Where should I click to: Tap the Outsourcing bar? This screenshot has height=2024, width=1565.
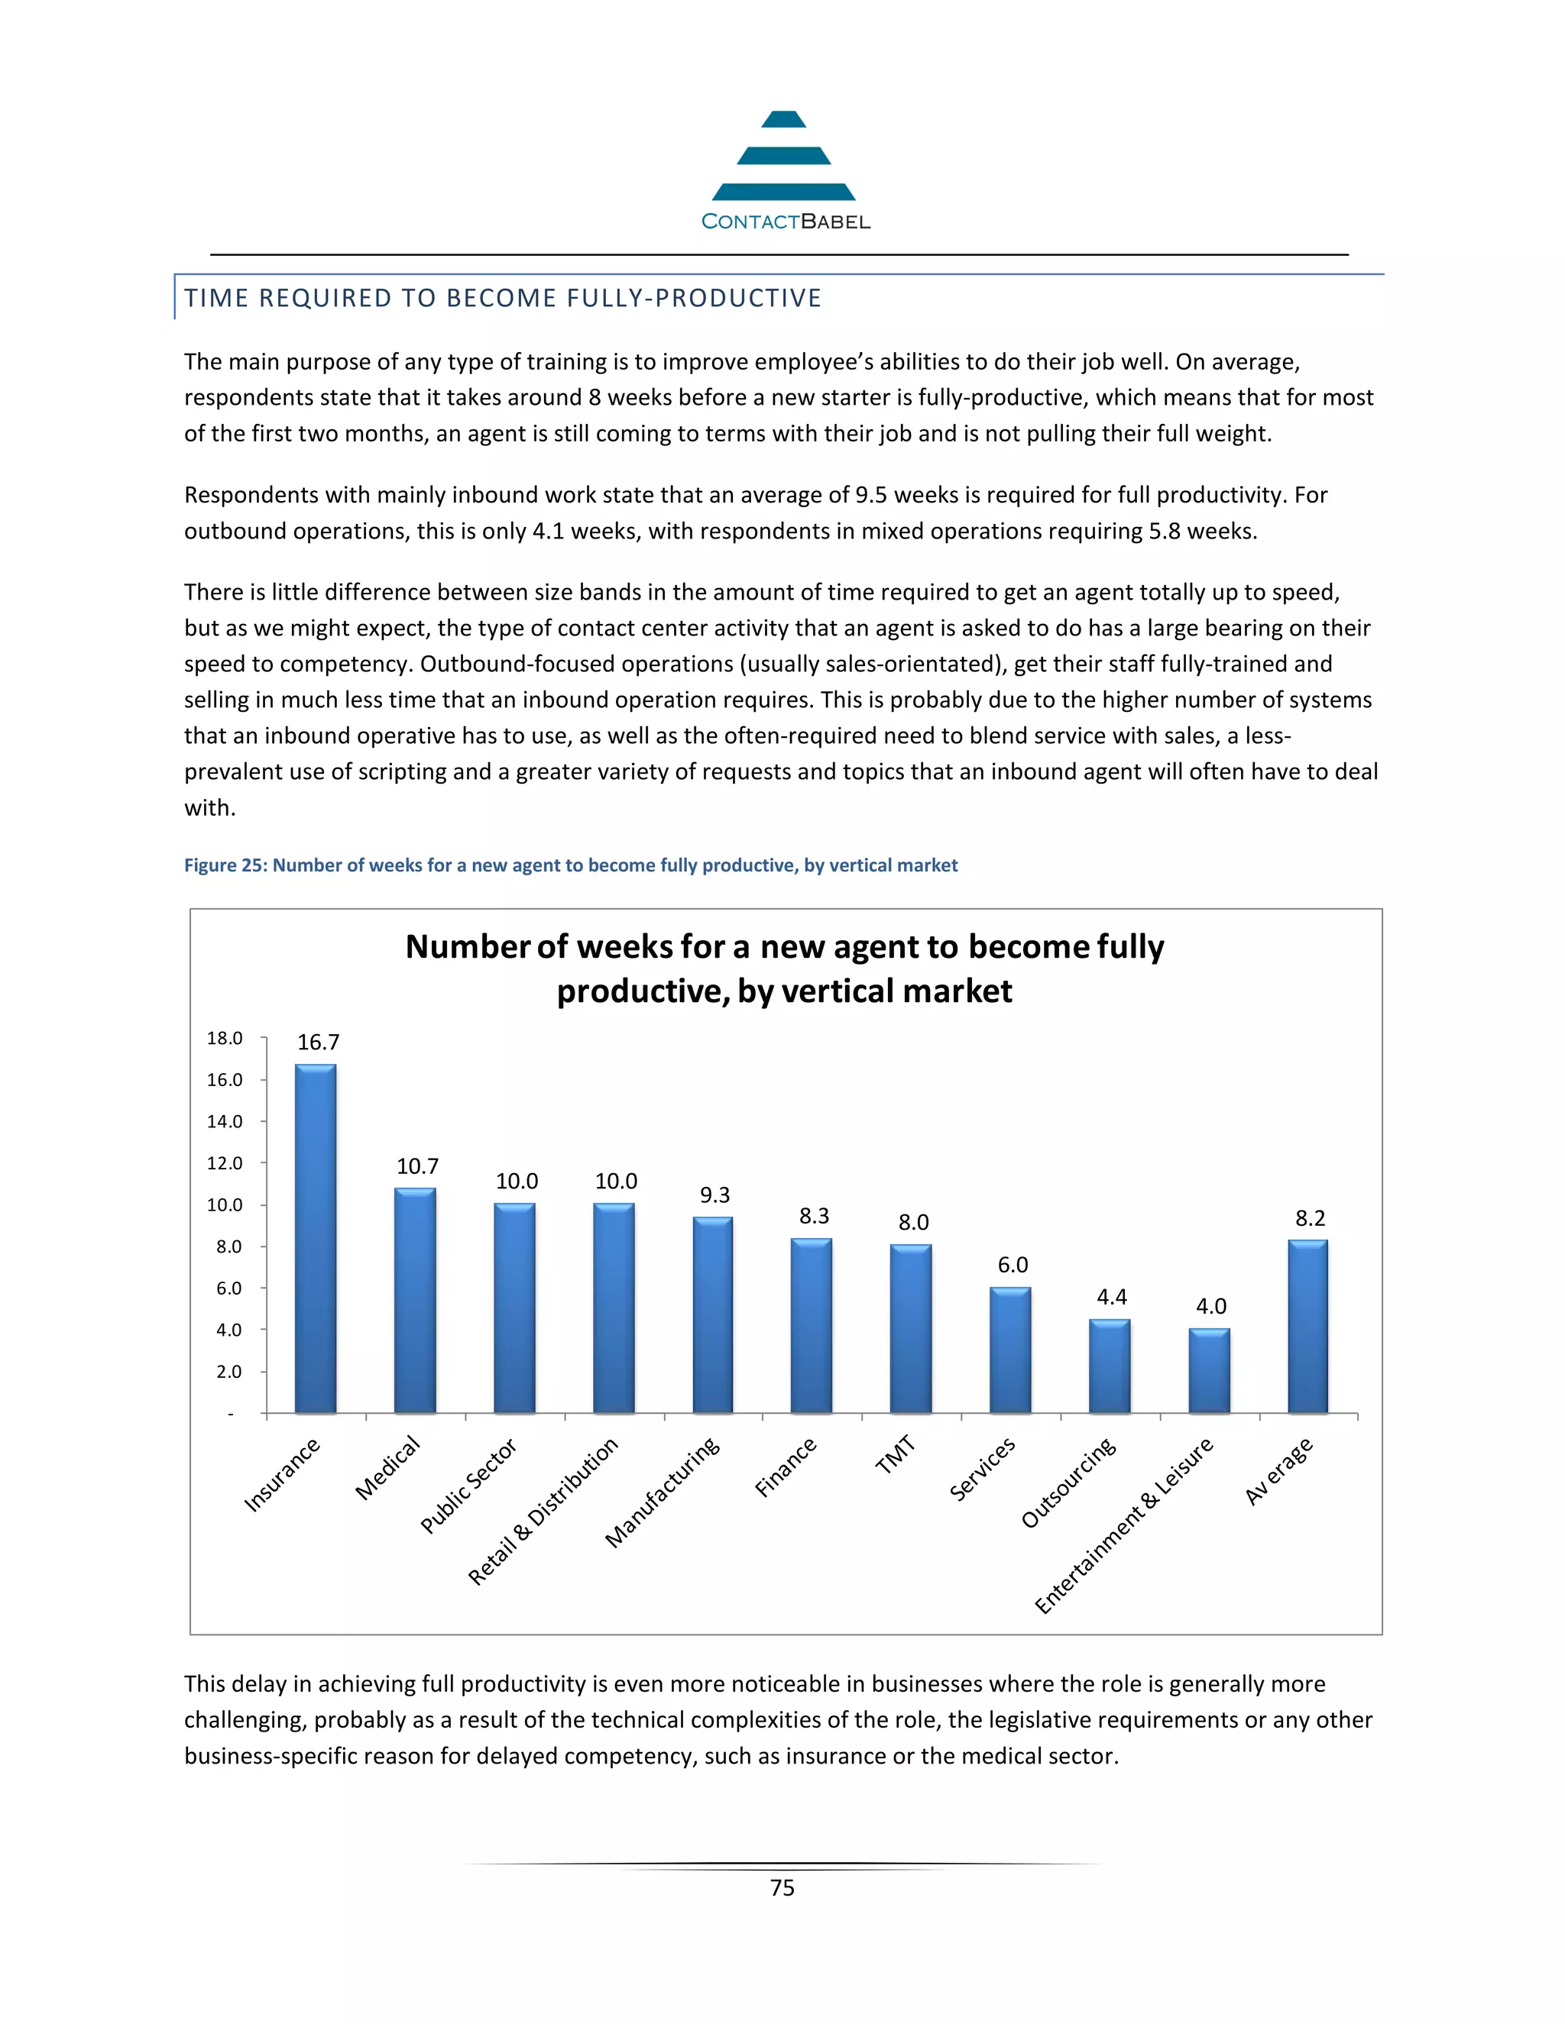point(1109,1366)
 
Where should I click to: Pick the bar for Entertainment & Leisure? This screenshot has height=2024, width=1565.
point(1209,1371)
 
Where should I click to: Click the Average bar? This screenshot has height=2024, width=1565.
point(1307,1326)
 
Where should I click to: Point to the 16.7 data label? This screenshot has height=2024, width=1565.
point(318,1043)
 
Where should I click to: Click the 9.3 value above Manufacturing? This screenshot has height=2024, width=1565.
point(714,1195)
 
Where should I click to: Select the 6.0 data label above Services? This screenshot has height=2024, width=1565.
point(1013,1265)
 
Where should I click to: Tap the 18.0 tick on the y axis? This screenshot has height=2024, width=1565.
point(225,1038)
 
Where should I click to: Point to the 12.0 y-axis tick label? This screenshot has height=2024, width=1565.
point(225,1163)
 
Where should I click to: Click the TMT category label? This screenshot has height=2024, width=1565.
point(896,1454)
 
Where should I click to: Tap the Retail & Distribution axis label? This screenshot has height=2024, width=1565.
point(543,1511)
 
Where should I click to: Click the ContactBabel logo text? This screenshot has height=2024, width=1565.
point(786,221)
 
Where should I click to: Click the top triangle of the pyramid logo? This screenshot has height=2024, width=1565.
point(783,120)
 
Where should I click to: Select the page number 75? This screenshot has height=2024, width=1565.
point(782,1888)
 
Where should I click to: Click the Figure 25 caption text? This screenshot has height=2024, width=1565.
point(570,865)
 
